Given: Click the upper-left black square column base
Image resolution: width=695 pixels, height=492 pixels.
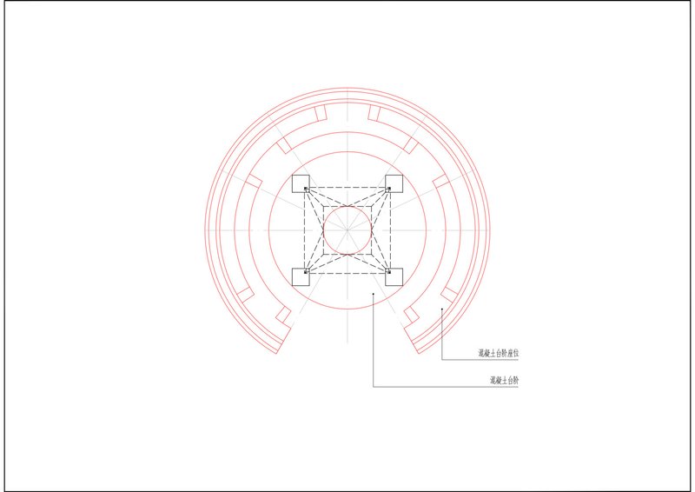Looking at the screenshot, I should pyautogui.click(x=301, y=183).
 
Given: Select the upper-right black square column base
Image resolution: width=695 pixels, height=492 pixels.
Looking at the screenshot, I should pyautogui.click(x=394, y=183).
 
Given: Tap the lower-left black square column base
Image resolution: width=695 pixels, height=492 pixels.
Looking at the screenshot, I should pyautogui.click(x=301, y=277).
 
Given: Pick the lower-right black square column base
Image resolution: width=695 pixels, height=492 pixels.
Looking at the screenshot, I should pyautogui.click(x=394, y=277).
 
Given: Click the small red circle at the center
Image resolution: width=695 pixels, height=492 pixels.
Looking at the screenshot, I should pyautogui.click(x=347, y=229).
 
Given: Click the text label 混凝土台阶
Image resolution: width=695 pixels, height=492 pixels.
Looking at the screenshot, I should pyautogui.click(x=503, y=381).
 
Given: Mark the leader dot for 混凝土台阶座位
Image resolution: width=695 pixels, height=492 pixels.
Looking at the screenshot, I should pyautogui.click(x=442, y=309).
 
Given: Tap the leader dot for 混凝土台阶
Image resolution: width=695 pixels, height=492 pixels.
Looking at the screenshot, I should pyautogui.click(x=373, y=295).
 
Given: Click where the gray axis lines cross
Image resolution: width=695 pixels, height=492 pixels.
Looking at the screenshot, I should pyautogui.click(x=347, y=229).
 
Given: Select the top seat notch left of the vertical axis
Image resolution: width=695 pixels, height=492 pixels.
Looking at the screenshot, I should pyautogui.click(x=319, y=113).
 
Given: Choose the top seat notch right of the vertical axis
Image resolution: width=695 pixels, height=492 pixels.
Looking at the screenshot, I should pyautogui.click(x=375, y=113).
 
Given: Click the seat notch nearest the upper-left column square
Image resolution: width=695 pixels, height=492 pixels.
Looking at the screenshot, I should pyautogui.click(x=254, y=181).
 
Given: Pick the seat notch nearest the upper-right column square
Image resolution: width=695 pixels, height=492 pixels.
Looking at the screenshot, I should pyautogui.click(x=440, y=181).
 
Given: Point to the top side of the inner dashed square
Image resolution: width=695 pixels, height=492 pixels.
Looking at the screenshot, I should pyautogui.click(x=347, y=206).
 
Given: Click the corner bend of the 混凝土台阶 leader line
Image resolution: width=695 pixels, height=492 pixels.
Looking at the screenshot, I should pyautogui.click(x=373, y=386).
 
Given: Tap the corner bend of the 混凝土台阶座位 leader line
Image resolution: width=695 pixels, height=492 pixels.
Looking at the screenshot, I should pyautogui.click(x=442, y=359).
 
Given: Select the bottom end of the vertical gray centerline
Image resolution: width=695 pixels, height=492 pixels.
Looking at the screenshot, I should pyautogui.click(x=347, y=341).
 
